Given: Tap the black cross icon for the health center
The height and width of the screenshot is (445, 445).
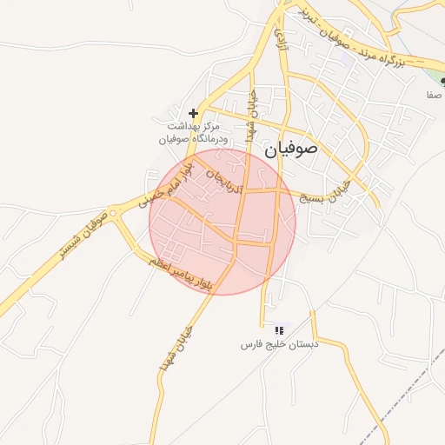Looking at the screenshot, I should (193, 113).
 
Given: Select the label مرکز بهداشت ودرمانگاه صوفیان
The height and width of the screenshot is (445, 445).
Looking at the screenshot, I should (193, 132).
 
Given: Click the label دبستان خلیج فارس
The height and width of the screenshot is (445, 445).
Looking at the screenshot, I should (280, 344).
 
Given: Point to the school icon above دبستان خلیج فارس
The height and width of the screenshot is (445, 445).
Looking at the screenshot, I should (279, 330).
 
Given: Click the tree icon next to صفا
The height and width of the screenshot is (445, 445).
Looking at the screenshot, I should (442, 80).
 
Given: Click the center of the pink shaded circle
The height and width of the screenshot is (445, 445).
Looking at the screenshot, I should (222, 222).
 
